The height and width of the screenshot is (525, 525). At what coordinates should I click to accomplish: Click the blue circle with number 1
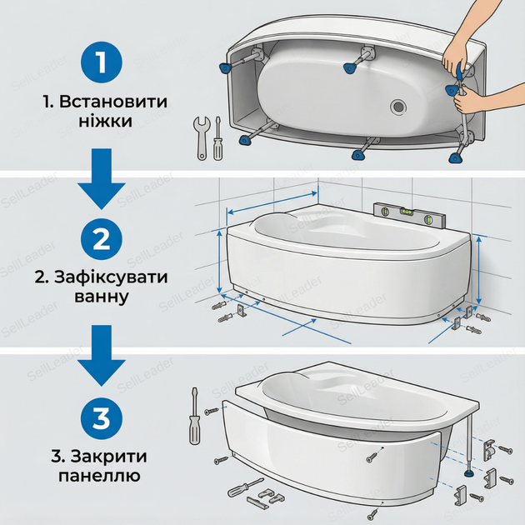click(101, 62)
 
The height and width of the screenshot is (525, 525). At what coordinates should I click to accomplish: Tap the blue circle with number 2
click(101, 239)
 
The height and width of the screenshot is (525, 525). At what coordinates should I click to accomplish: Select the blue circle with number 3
click(101, 418)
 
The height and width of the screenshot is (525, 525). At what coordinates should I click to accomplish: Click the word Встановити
click(113, 102)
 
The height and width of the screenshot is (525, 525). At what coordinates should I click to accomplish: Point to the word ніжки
click(106, 121)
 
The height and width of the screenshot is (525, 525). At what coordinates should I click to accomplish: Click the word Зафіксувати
click(111, 277)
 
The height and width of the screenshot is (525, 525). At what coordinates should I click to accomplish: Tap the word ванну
click(102, 297)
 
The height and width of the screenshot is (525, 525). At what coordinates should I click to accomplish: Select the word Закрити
click(109, 457)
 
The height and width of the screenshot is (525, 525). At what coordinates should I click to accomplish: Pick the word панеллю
click(99, 476)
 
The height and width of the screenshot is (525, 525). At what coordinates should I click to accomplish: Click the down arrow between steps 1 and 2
click(102, 179)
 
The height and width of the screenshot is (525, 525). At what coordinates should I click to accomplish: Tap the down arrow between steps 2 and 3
click(102, 356)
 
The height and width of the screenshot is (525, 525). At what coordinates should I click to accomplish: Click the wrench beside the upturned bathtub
click(201, 137)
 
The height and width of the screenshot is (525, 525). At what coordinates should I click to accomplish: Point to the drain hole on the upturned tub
click(398, 107)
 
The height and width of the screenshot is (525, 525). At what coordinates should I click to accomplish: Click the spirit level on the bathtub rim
click(409, 216)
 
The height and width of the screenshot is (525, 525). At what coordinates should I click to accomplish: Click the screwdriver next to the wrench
click(217, 138)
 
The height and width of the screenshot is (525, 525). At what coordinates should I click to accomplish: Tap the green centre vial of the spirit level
click(407, 212)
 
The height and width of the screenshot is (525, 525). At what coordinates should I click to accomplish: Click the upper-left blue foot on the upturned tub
click(225, 68)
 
